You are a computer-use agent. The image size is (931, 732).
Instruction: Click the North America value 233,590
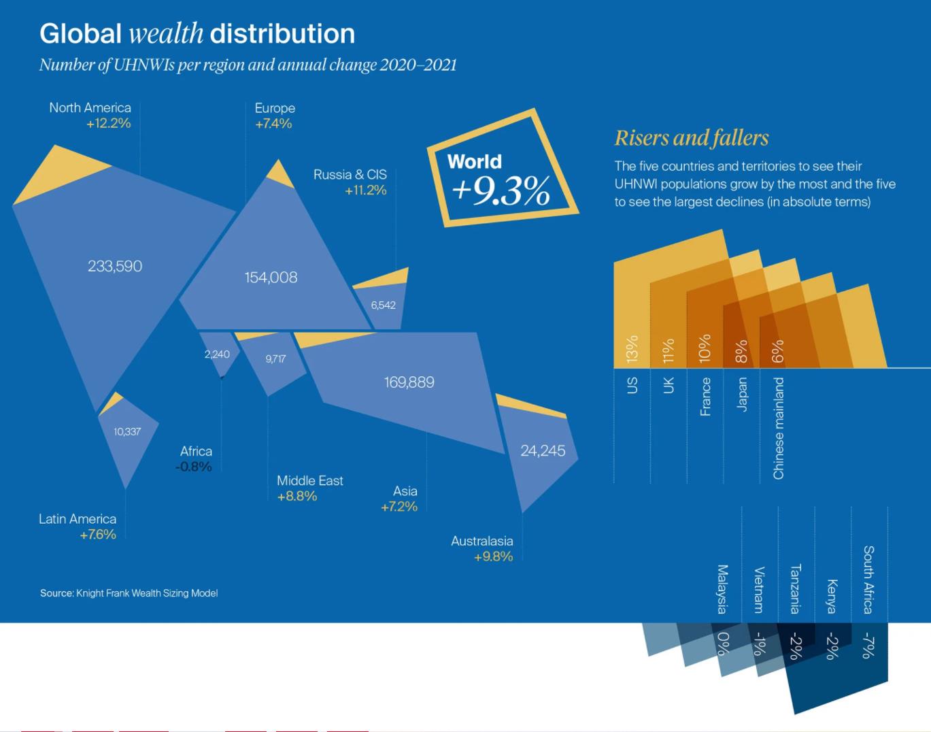(115, 266)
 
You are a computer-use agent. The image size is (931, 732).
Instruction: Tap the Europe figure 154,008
(271, 277)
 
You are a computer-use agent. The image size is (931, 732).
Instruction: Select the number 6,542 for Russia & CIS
(383, 305)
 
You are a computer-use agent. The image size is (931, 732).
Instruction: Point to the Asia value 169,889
(409, 382)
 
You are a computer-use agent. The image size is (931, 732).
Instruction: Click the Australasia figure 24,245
(543, 450)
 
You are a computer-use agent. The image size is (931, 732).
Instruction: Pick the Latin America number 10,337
(127, 431)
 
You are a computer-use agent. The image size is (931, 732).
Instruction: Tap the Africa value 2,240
(217, 354)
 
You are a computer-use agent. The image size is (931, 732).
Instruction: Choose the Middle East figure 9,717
(275, 359)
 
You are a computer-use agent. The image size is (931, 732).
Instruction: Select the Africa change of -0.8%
(194, 467)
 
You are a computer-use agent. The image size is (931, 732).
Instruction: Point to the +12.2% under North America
(108, 123)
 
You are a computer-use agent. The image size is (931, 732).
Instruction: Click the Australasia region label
(481, 541)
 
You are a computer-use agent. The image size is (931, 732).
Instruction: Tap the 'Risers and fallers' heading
(692, 138)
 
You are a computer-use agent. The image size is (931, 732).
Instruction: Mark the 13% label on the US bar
(632, 348)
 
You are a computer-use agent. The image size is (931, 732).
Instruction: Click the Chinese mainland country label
(779, 428)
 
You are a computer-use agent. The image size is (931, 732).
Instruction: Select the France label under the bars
(705, 397)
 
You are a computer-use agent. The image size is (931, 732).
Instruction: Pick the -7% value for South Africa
(868, 645)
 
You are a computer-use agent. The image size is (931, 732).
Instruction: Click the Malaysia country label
(722, 588)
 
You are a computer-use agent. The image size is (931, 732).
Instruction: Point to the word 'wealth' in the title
(165, 33)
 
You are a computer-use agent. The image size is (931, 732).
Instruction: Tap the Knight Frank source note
(129, 593)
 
